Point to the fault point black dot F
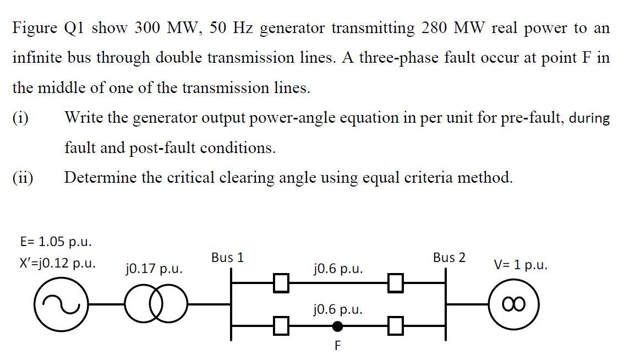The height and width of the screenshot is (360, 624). coord(338,326)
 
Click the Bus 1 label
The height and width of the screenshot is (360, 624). coord(227,258)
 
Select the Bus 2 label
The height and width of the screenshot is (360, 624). coord(449,258)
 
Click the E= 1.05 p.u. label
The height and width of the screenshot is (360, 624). coord(56,242)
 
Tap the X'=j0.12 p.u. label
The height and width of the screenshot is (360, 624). coord(57,263)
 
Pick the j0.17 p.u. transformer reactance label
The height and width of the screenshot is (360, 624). coord(154,269)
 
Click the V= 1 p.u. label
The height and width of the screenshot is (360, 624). coord(521,265)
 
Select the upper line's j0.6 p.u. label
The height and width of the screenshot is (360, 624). coord(337,269)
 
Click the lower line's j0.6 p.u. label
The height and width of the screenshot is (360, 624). coord(337,309)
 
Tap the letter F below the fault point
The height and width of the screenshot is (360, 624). coord(337,346)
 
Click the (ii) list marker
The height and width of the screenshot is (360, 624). coord(23,178)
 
